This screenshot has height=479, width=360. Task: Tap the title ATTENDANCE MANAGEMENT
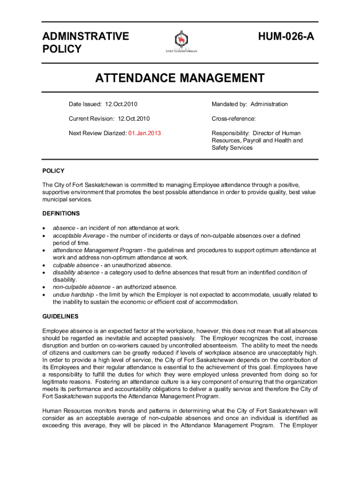click(180, 78)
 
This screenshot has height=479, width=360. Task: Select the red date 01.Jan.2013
click(144, 133)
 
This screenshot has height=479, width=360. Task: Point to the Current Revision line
click(109, 119)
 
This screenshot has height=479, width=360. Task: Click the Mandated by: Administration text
click(250, 104)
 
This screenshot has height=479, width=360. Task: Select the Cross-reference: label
click(233, 119)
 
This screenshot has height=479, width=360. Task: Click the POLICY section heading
click(53, 171)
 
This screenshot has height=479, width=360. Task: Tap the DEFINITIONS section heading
click(61, 214)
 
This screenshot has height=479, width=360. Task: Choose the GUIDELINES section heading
click(60, 317)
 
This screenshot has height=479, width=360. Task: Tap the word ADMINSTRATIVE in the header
click(86, 36)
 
